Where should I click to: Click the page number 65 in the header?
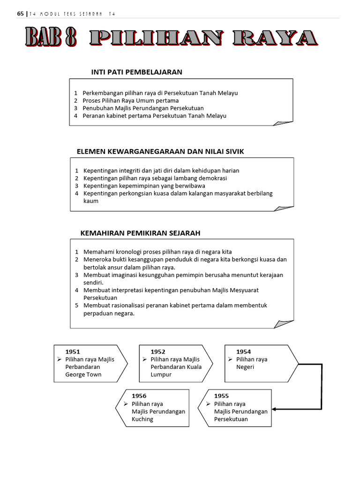(x=20, y=14)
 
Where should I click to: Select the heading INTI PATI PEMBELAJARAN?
(x=136, y=72)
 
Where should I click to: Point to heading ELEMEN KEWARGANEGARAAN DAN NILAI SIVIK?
(x=160, y=151)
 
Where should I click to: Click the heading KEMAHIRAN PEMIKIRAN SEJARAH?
(x=141, y=232)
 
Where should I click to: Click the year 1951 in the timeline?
(x=73, y=352)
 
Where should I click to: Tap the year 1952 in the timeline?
(x=158, y=352)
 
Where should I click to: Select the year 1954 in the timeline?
(x=243, y=352)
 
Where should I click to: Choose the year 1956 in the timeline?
(x=139, y=396)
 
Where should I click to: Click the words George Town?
(x=83, y=375)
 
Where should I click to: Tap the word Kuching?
(x=142, y=419)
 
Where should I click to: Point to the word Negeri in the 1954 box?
(x=245, y=367)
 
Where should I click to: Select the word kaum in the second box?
(x=91, y=201)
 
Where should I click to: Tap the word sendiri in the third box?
(x=93, y=283)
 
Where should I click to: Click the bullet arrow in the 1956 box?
(x=126, y=404)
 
